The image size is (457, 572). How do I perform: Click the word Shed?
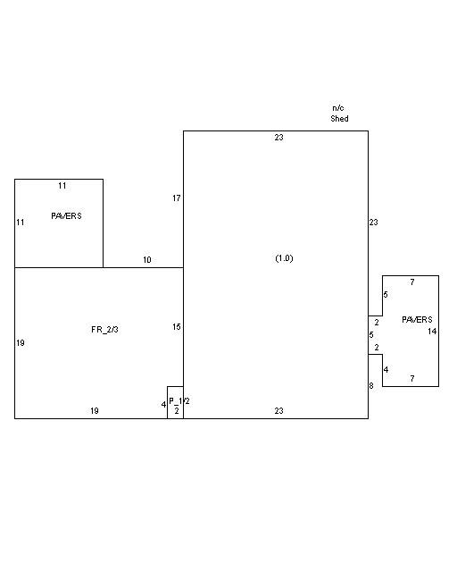pos(339,119)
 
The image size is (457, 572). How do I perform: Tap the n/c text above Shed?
pos(337,108)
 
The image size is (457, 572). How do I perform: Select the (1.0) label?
pos(284,258)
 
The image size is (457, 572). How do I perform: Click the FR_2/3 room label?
pos(104,330)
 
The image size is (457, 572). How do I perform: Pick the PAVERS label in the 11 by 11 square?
pos(66,216)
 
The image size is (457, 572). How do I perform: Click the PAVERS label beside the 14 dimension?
pos(417,320)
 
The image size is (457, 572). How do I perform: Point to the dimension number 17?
pos(177,198)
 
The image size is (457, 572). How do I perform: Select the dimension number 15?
pos(177,327)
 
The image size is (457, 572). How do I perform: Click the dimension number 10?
pos(147,260)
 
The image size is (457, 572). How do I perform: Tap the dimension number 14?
pos(432,332)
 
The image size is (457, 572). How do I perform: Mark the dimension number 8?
pos(371,385)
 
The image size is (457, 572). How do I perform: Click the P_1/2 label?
pos(179,401)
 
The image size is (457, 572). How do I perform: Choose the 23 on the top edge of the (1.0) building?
pos(278,138)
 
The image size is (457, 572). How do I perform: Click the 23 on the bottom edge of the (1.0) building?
pos(278,411)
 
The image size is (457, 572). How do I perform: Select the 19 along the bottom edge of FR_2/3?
pos(95,411)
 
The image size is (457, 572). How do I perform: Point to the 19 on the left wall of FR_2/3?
pos(21,343)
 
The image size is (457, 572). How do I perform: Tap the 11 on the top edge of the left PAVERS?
pos(62,186)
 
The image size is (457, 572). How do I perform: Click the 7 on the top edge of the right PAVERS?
pos(412,282)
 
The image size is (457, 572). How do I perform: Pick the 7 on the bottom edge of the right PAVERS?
pos(412,379)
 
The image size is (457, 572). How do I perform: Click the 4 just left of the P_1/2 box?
pos(163,405)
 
